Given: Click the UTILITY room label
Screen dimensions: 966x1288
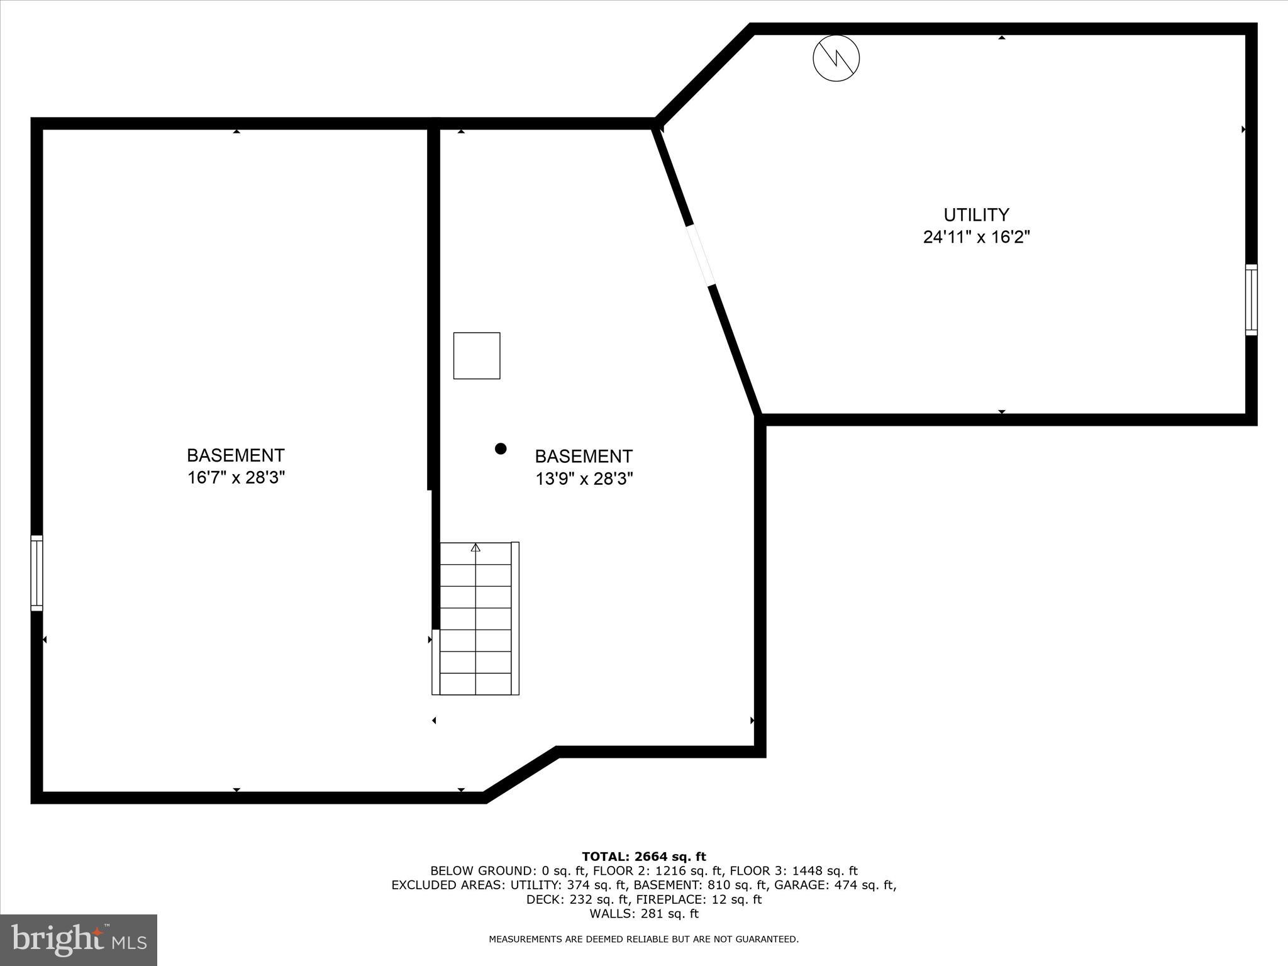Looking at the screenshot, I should (976, 215).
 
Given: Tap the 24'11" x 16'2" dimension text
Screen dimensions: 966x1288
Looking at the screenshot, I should (976, 238).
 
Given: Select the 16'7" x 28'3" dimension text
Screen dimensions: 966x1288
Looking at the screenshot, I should (236, 478).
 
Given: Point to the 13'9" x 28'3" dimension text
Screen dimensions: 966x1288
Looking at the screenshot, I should (584, 479).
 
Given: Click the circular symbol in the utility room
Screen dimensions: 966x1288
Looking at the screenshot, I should (836, 58).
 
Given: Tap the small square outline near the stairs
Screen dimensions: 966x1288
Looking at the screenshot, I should (477, 356).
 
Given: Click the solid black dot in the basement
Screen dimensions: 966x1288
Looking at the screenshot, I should (501, 448).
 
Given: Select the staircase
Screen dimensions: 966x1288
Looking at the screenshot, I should (476, 619).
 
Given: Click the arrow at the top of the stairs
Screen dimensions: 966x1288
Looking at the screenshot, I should (475, 548).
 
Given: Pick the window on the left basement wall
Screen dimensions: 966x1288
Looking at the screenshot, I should (37, 573).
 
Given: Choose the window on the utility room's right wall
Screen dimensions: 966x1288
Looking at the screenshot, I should (1251, 299).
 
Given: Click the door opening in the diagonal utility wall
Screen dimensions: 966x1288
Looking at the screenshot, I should (701, 255).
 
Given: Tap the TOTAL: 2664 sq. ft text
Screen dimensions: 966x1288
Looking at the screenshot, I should (643, 857).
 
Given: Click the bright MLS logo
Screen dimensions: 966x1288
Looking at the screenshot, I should (79, 940).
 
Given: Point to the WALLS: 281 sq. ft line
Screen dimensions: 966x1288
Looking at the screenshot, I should (643, 914).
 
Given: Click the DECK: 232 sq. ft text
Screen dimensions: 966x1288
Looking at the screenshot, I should (578, 899).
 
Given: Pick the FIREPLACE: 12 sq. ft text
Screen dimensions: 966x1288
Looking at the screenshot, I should (699, 899).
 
